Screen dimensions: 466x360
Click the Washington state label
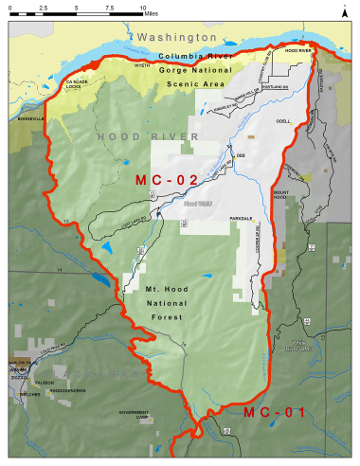point(176,36)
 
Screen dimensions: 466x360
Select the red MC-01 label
point(274,413)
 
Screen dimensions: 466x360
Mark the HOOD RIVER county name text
point(147,137)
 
